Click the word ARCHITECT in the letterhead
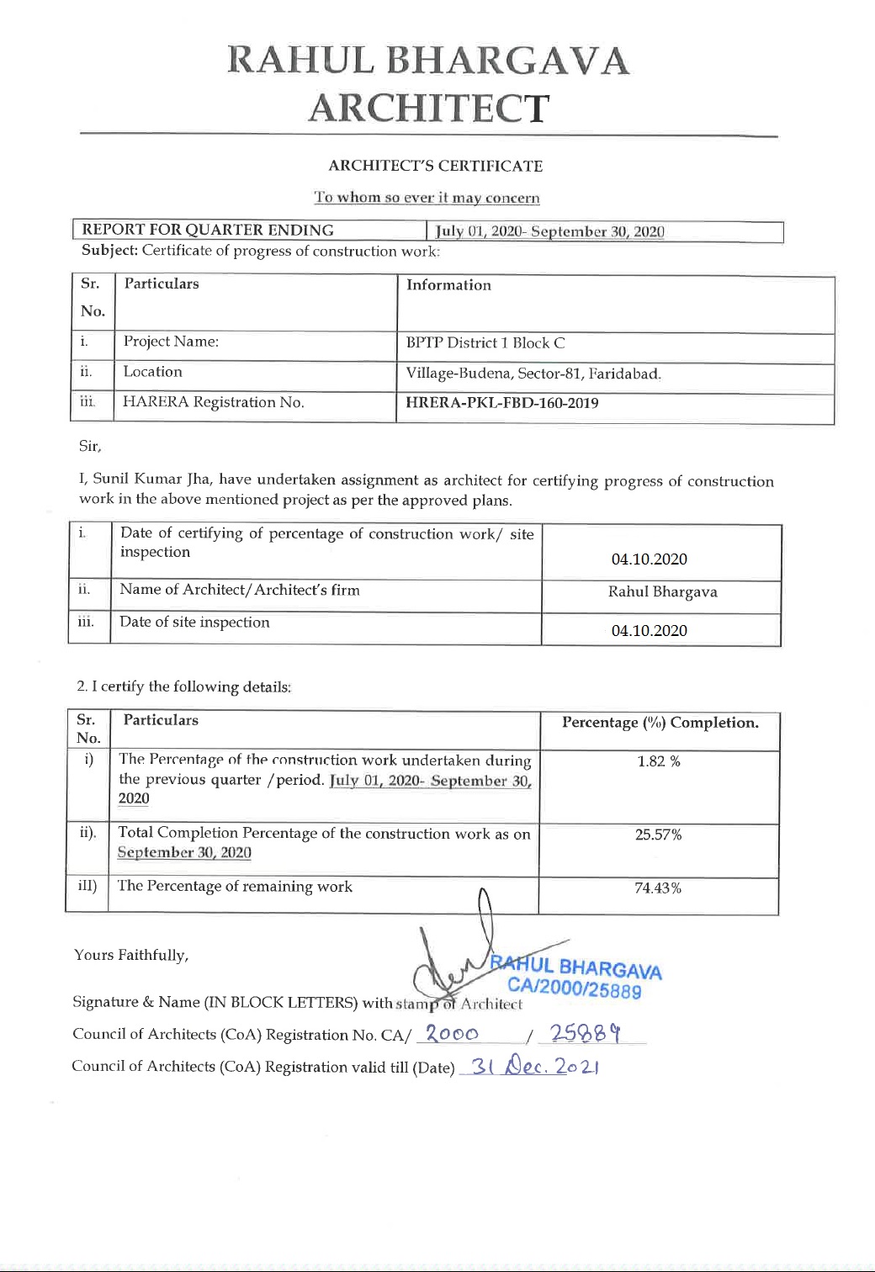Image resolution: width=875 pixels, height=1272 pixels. (429, 109)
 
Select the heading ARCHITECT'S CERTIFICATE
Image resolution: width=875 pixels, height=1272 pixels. (436, 166)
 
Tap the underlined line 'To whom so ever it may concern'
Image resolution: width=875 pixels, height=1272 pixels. (427, 198)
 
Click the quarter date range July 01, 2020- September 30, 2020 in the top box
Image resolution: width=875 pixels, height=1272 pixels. (549, 231)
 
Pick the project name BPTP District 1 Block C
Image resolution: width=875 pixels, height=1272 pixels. (485, 342)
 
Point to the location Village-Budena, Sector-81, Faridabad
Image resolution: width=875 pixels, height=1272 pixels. (533, 374)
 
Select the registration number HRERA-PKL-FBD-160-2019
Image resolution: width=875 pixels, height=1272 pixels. (502, 403)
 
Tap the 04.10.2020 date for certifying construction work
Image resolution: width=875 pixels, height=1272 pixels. (650, 559)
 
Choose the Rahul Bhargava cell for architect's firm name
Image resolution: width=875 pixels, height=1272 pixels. (663, 591)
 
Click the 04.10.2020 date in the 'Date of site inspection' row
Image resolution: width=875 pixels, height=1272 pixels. (650, 630)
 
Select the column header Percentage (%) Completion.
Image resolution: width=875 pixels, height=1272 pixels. (660, 723)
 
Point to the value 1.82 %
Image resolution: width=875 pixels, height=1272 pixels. (659, 761)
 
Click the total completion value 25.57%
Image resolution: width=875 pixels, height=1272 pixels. (659, 835)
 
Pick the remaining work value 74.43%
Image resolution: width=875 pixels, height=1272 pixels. (658, 888)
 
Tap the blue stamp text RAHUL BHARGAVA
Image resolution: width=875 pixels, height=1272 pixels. (577, 967)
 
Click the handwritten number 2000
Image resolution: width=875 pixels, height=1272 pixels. (453, 1034)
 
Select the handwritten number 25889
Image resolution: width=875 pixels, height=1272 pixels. (586, 1034)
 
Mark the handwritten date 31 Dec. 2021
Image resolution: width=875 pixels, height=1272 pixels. (535, 1068)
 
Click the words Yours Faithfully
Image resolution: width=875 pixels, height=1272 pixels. (131, 955)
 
